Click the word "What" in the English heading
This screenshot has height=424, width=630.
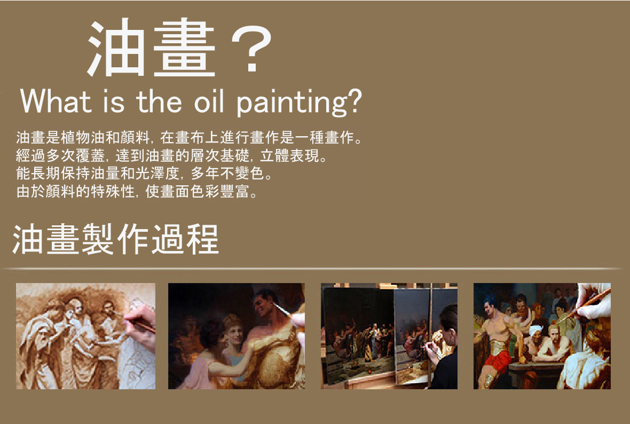[56, 101]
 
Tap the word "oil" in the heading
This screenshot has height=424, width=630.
[209, 101]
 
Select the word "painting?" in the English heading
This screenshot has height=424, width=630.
[299, 103]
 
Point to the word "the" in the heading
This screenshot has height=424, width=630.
[159, 101]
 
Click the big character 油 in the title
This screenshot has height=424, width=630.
[116, 48]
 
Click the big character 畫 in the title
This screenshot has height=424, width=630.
[184, 48]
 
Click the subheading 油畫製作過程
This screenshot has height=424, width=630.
[116, 239]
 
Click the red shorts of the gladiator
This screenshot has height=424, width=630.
[498, 362]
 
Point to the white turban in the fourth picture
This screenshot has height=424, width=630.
[535, 330]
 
